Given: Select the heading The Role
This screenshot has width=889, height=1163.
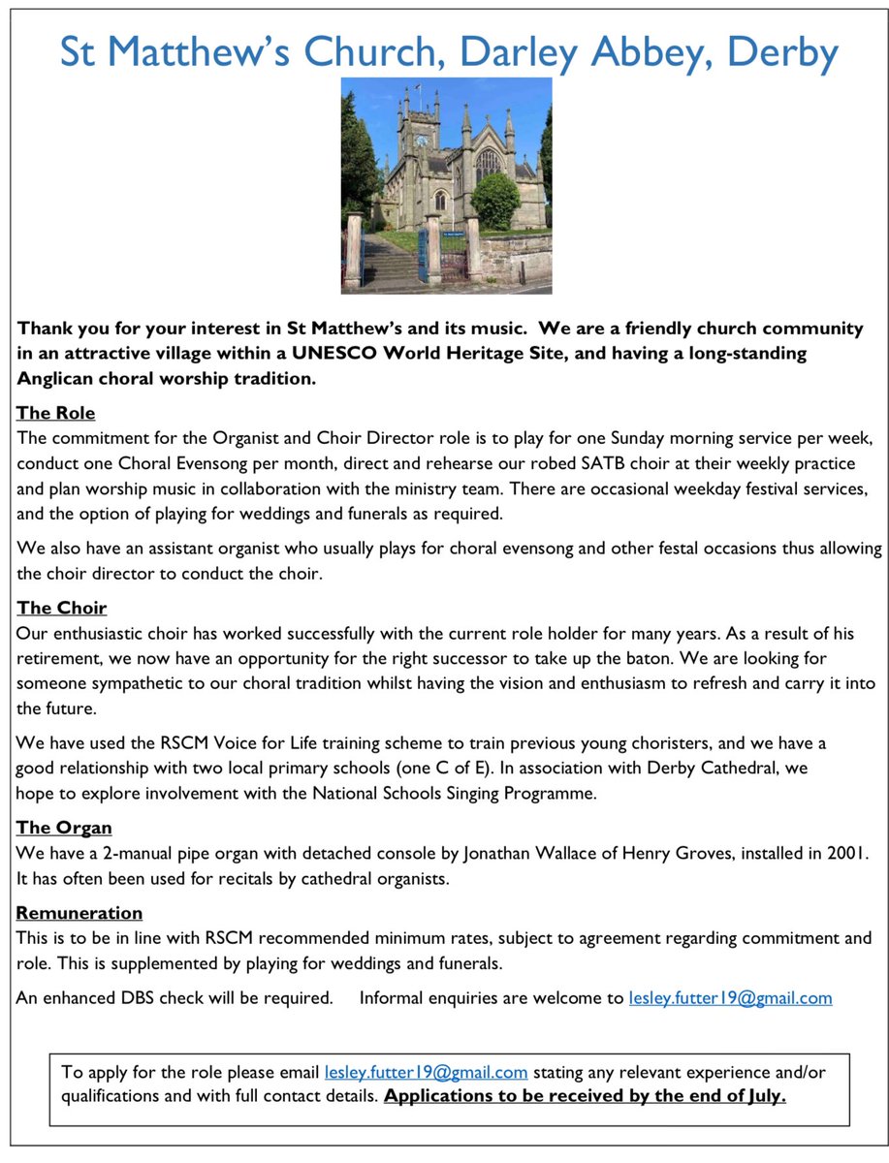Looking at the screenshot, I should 56,413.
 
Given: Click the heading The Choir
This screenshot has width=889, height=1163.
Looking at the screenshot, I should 62,608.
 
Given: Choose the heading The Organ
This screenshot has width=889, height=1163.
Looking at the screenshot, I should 64,828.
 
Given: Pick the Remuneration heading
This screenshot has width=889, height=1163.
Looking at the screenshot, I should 79,913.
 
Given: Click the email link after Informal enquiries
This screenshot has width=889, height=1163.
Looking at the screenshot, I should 730,997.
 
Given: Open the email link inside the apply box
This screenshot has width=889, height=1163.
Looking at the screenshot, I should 427,1072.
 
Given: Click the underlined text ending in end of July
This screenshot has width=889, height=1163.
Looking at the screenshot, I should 585,1096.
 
